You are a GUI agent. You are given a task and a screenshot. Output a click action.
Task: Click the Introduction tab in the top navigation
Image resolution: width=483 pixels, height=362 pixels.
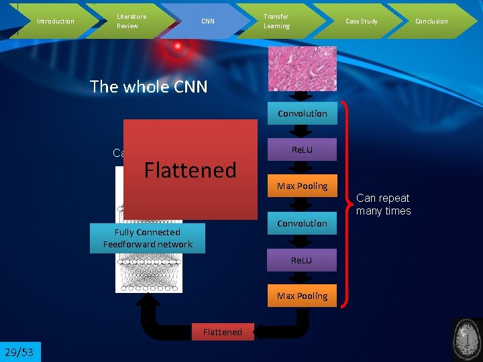tap(55, 21)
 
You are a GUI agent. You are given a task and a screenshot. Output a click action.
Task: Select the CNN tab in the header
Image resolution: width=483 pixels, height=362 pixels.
tap(208, 21)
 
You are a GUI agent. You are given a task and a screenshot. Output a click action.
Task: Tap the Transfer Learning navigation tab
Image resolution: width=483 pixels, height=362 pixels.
tap(276, 21)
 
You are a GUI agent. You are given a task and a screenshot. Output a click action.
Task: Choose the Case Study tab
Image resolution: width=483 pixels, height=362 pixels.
tap(361, 21)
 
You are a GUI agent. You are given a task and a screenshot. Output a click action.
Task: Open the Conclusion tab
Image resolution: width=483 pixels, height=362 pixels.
tap(431, 21)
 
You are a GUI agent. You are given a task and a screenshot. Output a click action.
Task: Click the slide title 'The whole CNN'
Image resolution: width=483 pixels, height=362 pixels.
tap(148, 86)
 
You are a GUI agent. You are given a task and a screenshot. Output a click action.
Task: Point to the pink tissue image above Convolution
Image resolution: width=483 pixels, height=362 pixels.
tap(303, 68)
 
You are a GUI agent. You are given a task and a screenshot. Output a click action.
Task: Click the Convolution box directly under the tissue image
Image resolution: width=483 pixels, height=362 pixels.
tap(302, 113)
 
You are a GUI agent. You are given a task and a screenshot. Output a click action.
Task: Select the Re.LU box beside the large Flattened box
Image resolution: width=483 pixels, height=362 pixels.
tap(302, 149)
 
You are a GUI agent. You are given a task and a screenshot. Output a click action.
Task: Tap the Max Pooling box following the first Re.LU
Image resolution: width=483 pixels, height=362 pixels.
tap(302, 186)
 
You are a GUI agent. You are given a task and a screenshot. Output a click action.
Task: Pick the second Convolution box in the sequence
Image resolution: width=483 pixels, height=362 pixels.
tap(302, 223)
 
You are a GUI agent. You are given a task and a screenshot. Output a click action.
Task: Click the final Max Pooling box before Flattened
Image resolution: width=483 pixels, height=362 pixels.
tap(302, 296)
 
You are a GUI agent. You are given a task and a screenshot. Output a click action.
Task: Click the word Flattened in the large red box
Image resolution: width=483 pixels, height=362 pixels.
tap(191, 170)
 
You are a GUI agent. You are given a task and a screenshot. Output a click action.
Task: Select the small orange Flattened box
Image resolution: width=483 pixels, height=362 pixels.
tap(222, 332)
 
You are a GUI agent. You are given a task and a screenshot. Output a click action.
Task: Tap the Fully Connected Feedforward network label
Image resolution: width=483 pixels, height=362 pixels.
tap(148, 238)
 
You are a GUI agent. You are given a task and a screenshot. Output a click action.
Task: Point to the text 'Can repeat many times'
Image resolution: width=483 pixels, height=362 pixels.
tap(383, 204)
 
